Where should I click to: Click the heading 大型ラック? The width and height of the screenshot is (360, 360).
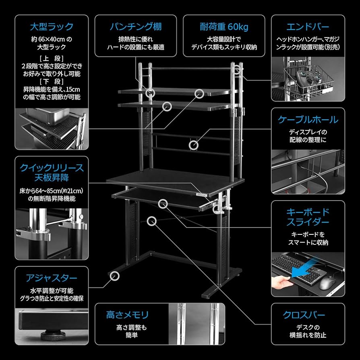[52, 27]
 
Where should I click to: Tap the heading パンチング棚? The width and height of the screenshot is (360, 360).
[136, 27]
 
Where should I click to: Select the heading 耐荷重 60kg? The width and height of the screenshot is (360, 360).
[224, 27]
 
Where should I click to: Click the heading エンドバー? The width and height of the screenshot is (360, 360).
[308, 27]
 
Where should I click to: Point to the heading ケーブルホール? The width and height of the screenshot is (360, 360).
[308, 120]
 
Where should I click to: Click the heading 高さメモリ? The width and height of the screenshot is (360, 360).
[128, 314]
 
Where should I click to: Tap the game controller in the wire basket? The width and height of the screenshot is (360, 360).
[308, 77]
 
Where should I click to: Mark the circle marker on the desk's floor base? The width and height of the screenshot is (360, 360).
[115, 276]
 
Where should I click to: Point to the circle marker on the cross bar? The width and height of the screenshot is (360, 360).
[151, 220]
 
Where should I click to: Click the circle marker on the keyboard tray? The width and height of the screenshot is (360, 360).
[163, 203]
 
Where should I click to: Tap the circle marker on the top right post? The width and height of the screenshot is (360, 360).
[238, 69]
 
